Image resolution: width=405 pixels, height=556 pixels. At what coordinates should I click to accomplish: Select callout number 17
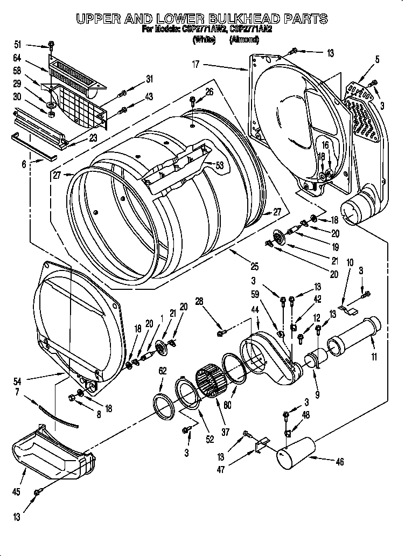(x=195, y=65)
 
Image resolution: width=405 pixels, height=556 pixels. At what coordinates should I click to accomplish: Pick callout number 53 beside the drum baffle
(x=219, y=166)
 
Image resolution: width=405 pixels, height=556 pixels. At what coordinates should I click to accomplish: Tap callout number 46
(x=339, y=462)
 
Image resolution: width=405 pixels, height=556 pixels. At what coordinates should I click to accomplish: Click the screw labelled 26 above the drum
(x=193, y=101)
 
